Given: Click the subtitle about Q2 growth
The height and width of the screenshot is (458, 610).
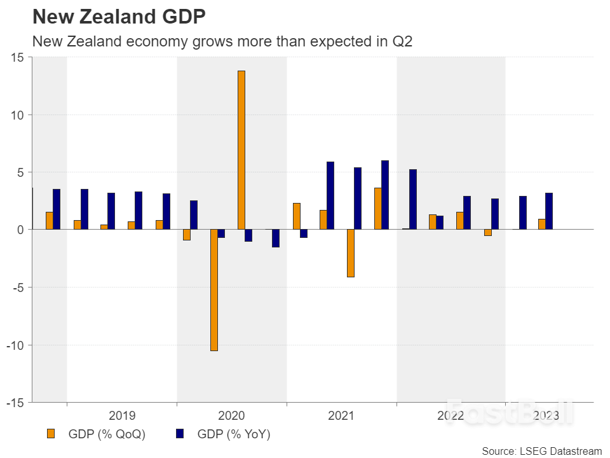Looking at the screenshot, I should pos(222,41).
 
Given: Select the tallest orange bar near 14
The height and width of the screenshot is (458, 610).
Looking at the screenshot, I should pos(241,149).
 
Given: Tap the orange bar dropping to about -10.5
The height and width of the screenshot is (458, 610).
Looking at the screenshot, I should pos(214,290).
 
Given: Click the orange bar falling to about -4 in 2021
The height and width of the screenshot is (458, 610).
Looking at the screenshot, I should pos(350,253).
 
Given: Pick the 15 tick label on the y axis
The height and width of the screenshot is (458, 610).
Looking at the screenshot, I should pos(17,57).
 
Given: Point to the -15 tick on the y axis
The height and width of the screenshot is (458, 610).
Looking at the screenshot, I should pos(15,403).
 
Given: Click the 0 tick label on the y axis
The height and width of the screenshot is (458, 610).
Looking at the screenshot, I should pos(20,230).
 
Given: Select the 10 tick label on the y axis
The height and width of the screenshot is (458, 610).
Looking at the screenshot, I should pos(17,115).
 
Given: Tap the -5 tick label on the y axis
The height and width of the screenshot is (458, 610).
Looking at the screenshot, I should pos(18,288).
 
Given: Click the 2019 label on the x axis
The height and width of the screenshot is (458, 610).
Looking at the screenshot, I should pos(122,416).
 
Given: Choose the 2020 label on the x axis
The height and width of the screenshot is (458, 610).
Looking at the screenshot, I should pos(231,416).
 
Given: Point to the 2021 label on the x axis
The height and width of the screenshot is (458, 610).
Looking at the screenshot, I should pos(341,416).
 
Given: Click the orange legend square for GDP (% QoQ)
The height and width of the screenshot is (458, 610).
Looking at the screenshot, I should pos(51,434).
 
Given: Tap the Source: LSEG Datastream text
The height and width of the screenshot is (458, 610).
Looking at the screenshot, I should pos(541,451).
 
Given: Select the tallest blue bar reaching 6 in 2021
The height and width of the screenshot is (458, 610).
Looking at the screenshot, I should pos(385,195).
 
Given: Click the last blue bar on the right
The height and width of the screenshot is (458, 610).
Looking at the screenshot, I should pos(549,211).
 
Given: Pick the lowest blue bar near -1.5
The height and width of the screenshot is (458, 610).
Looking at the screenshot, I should pos(276,238).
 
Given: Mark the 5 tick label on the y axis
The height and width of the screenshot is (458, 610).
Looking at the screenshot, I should pos(20,172).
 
